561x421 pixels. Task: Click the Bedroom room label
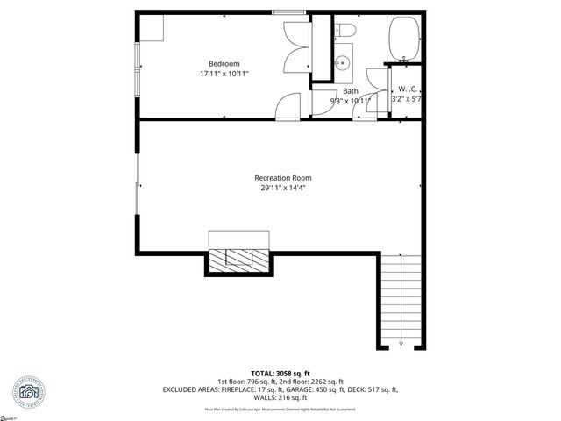click(x=224, y=63)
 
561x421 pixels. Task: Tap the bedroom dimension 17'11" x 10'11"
click(x=224, y=74)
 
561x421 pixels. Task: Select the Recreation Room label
click(x=283, y=178)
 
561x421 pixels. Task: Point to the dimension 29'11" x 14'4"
click(x=283, y=188)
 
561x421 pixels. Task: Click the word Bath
click(x=350, y=91)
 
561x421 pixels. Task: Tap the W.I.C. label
click(x=408, y=89)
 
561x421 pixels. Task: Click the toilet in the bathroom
click(x=344, y=32)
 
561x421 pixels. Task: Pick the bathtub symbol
click(x=406, y=39)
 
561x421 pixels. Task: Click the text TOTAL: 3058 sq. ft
click(x=280, y=372)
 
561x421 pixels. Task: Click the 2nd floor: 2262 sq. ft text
click(x=311, y=381)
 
